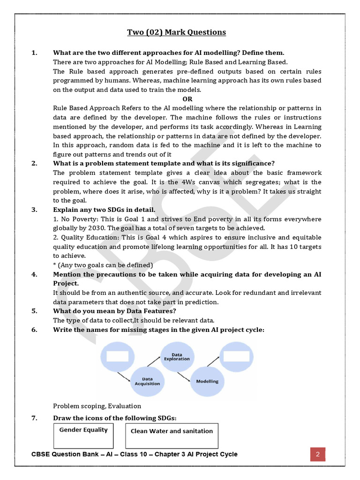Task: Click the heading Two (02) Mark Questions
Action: (x=176, y=32)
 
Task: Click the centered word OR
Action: (x=187, y=99)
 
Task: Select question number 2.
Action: (x=34, y=163)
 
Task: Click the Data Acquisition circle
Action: (x=147, y=381)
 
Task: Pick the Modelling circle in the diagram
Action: (x=207, y=381)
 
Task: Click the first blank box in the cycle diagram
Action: (x=118, y=357)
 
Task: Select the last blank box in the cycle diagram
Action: (x=236, y=357)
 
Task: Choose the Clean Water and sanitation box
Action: (x=172, y=436)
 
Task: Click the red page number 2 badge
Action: (x=317, y=454)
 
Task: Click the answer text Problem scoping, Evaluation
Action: (x=97, y=406)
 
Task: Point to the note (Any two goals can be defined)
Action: (x=103, y=265)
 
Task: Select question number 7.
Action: (x=34, y=418)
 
